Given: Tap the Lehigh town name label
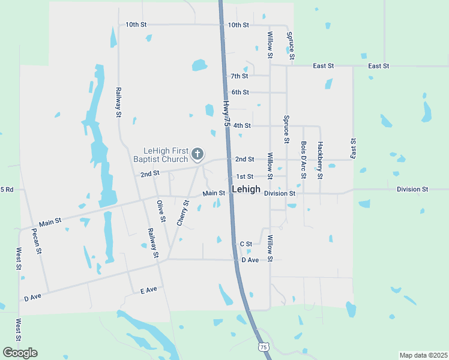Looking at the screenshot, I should point(246,189).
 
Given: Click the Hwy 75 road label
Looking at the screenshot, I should point(226,112).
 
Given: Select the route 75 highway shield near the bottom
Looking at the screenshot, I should point(264,347).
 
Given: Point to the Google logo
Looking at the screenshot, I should point(20,353).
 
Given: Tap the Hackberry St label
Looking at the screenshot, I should point(320,161).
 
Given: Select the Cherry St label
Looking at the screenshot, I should point(182,213).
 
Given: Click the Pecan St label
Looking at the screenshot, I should point(35,241).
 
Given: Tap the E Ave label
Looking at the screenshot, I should point(148,290).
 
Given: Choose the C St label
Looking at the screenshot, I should point(246,244).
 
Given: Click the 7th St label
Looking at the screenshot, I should point(239,76).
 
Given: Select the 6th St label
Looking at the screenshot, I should point(240,92).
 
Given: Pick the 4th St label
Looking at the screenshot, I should point(241,125).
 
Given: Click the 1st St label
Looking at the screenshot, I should point(244,176).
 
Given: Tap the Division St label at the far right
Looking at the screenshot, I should point(412,189).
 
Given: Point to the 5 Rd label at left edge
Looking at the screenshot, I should point(7,190).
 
